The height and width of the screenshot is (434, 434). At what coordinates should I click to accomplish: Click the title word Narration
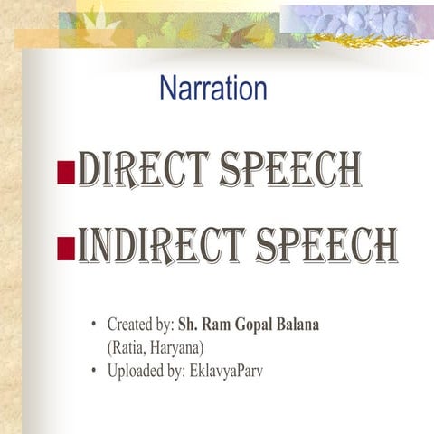click(x=212, y=89)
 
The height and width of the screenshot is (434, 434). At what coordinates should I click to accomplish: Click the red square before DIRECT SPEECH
click(x=65, y=173)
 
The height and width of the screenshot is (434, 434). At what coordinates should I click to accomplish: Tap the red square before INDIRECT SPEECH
click(x=65, y=247)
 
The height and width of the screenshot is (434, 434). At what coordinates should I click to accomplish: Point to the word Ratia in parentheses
click(x=128, y=346)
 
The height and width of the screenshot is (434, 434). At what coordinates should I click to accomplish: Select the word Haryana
click(x=178, y=346)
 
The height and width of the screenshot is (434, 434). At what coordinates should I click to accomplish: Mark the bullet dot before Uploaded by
click(x=93, y=370)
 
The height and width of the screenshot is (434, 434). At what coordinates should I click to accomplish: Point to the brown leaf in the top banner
click(x=225, y=34)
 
